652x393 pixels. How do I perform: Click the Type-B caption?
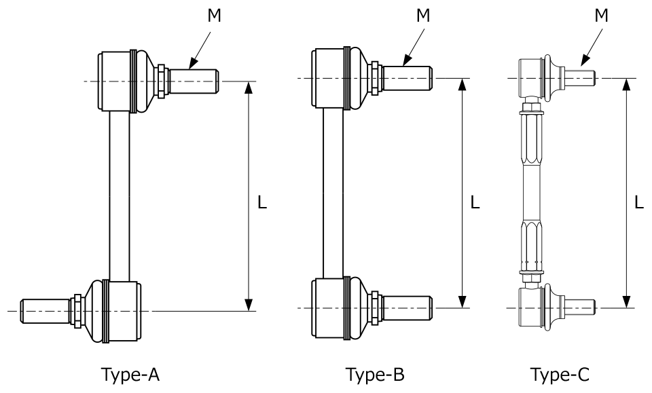375,374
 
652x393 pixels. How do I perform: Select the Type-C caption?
560,374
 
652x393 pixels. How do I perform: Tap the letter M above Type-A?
215,16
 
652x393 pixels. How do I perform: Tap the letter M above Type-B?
423,16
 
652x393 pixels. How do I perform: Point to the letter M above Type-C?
601,16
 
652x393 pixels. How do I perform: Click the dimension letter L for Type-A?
263,202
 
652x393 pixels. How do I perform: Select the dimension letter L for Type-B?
475,202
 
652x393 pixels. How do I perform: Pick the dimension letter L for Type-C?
639,202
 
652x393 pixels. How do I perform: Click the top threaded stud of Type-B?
407,78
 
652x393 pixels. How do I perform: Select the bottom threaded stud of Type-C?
582,307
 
